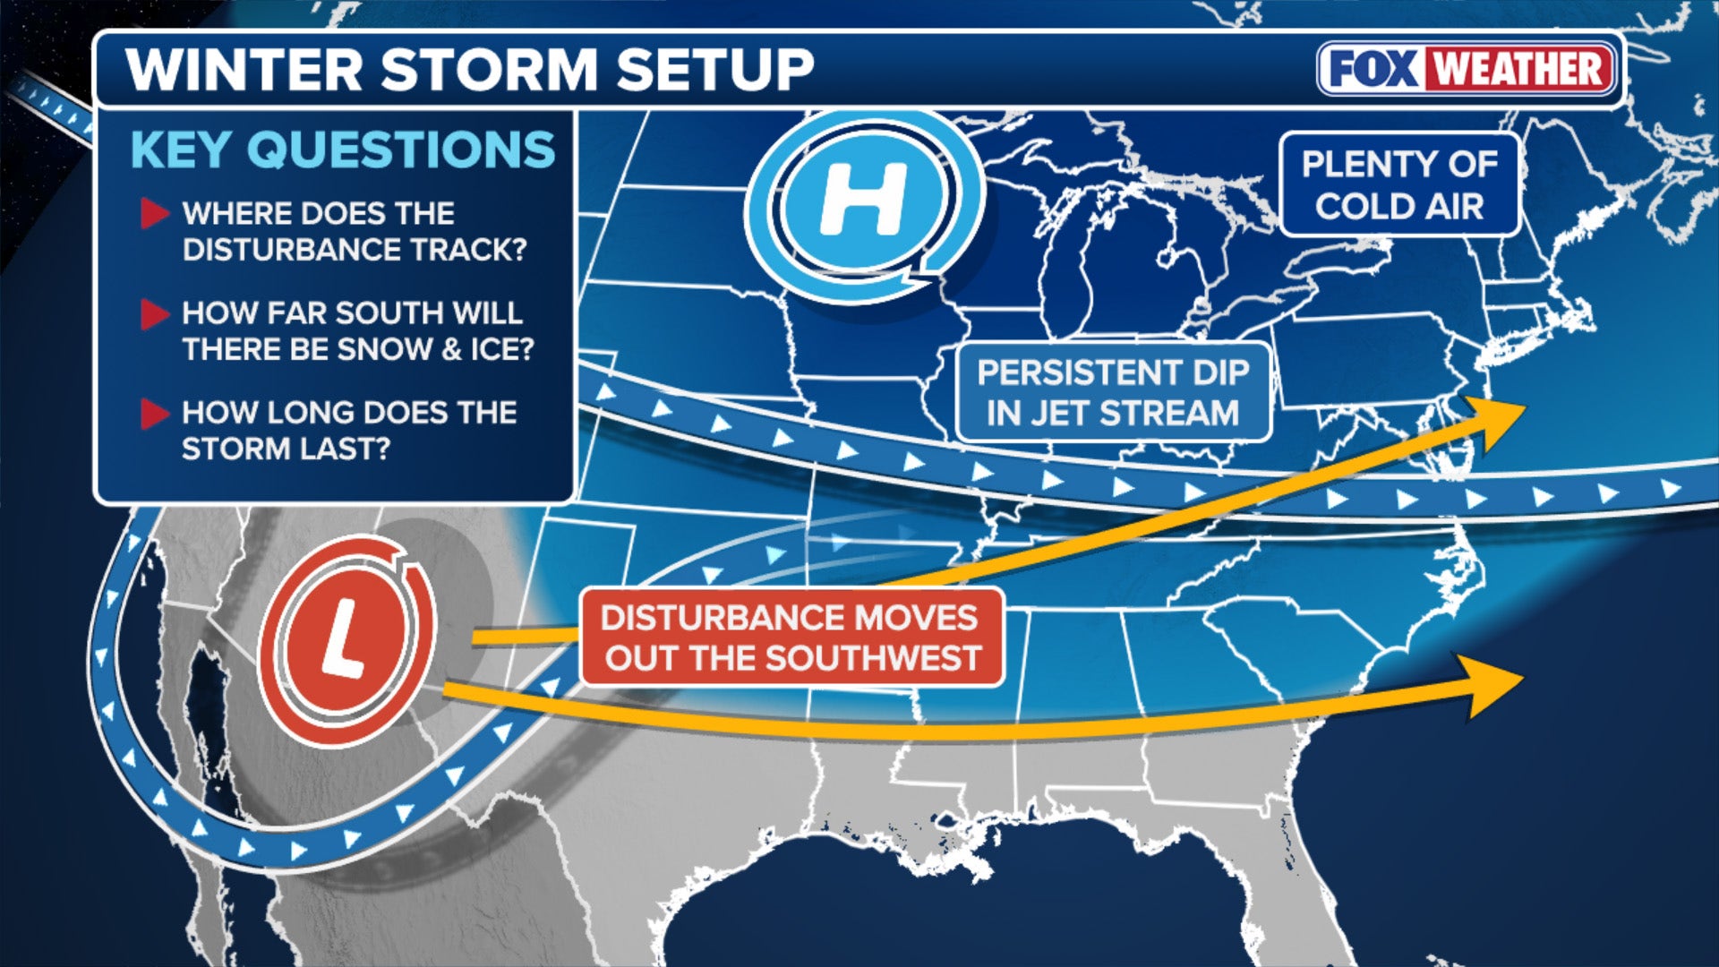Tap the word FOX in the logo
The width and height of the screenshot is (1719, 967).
click(1371, 69)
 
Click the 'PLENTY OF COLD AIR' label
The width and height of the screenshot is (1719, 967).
click(1399, 184)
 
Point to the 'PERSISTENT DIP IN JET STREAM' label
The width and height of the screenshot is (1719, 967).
click(1113, 392)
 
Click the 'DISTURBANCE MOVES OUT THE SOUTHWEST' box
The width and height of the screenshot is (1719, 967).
click(791, 637)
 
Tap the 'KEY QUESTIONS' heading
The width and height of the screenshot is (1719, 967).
click(343, 150)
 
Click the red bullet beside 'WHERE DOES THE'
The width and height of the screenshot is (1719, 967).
click(154, 213)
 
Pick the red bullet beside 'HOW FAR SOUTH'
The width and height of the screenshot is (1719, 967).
click(154, 313)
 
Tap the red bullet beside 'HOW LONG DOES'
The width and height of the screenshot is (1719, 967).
click(154, 413)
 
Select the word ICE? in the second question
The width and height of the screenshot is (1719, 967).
click(501, 349)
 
